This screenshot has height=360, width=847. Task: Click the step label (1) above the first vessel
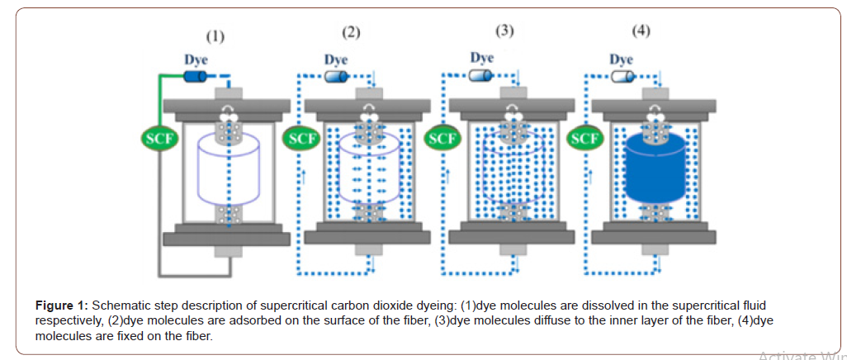[x=215, y=36]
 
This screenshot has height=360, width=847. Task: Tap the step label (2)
[x=351, y=33]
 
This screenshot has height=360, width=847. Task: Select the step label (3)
[x=504, y=31]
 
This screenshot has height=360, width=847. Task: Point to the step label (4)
[x=641, y=31]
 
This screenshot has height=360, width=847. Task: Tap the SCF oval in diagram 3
[x=443, y=138]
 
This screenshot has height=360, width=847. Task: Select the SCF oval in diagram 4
[x=585, y=138]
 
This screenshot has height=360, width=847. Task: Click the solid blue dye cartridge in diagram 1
[x=195, y=77]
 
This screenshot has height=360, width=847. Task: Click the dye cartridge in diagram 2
[x=336, y=77]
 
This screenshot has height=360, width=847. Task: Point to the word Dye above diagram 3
[x=482, y=58]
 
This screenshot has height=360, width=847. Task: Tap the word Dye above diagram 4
[x=621, y=59]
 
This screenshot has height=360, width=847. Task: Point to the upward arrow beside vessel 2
[x=305, y=175]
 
